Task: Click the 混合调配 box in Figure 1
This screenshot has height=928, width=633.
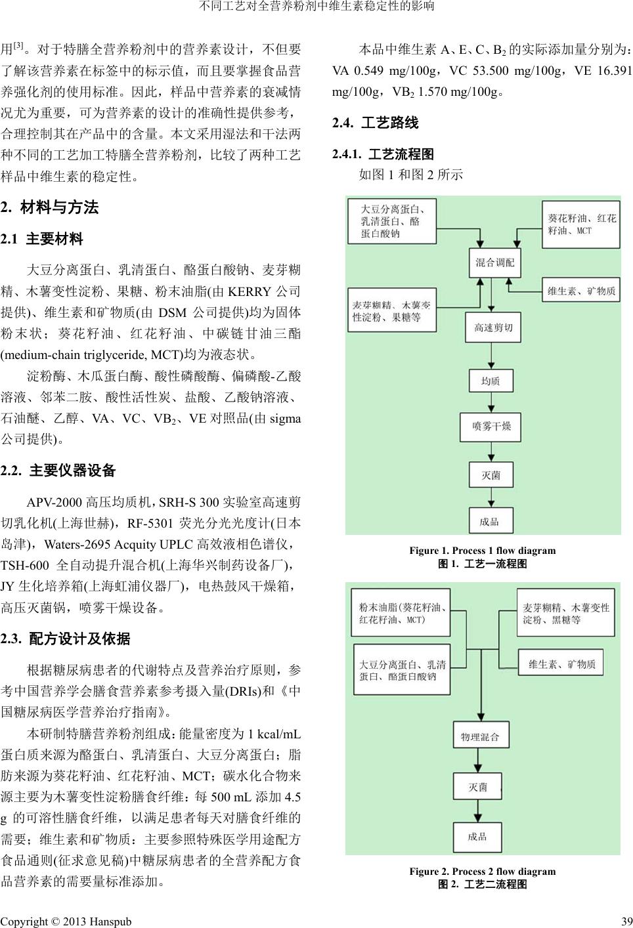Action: pos(494,263)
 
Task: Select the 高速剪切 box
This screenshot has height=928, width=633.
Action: pos(493,327)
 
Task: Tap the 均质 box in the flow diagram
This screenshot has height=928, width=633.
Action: pos(491,381)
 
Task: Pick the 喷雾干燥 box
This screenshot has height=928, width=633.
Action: pos(491,427)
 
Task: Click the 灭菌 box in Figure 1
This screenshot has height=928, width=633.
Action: pos(491,475)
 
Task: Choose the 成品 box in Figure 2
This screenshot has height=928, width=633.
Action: pos(477,836)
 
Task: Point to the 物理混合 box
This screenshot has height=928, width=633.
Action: pos(480,737)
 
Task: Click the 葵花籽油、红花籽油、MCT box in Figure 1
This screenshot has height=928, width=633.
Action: pos(582,224)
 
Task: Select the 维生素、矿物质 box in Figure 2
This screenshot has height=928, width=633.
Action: pos(562,664)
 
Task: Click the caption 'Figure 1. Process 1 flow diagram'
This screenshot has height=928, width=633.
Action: pos(482,551)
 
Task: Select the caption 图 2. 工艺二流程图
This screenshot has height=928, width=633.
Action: pos(482,884)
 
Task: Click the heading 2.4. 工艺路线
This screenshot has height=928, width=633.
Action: pos(376,123)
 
